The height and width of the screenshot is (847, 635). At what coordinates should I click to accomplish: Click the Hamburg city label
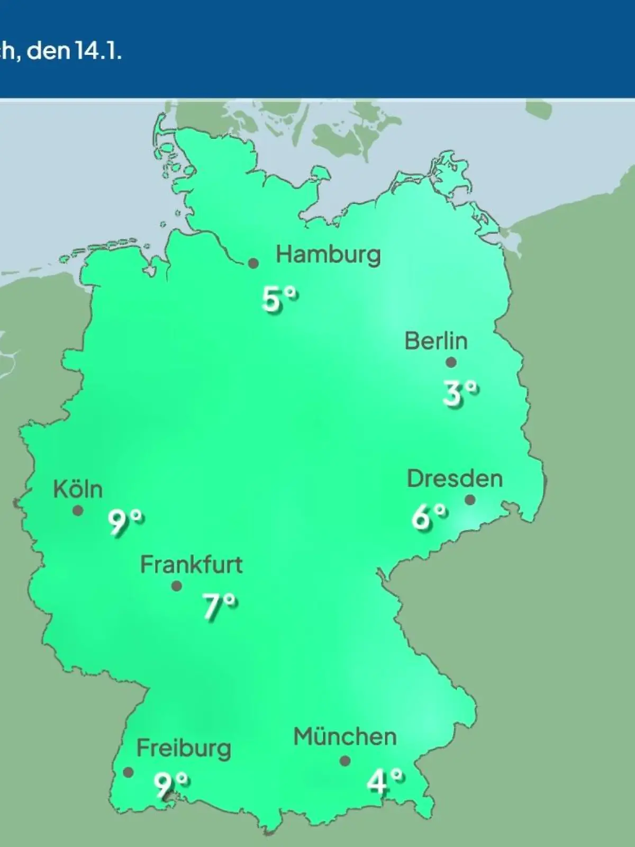pos(328,255)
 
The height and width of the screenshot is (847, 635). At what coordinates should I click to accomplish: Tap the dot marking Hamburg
pos(254,263)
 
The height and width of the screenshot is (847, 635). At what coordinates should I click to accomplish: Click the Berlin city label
pos(436,341)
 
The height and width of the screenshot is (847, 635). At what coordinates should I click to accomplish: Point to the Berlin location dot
pos(451,363)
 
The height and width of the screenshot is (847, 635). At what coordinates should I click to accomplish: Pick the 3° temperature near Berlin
pos(460,394)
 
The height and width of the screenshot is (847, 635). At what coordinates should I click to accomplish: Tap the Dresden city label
pos(455,479)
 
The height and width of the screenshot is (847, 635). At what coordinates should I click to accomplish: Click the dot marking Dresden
pos(470,500)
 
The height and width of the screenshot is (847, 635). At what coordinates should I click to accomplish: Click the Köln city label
pos(78,490)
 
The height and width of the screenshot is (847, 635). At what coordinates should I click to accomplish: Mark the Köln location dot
pos(78,510)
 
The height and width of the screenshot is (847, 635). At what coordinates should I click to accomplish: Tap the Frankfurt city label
pos(191,565)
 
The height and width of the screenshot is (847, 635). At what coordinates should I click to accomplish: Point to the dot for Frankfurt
pos(177,586)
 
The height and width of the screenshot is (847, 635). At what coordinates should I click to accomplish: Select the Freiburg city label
pos(184,749)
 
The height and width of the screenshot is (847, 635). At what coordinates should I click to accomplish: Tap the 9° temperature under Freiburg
pos(171,785)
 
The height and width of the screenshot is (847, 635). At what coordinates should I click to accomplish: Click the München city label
pos(345,737)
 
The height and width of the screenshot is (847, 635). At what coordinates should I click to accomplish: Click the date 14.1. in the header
pos(95,52)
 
